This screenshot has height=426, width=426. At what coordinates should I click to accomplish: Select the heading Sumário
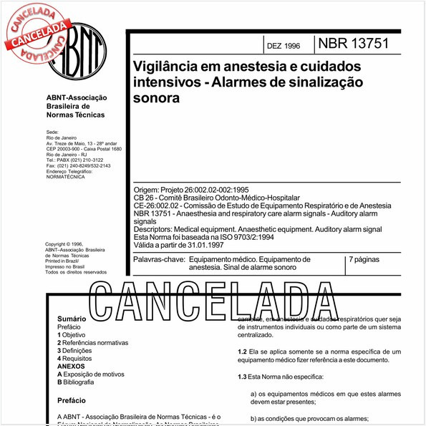[72, 317]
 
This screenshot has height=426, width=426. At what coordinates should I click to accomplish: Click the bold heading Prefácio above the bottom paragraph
[74, 401]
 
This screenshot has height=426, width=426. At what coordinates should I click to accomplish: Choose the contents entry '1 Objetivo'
[71, 334]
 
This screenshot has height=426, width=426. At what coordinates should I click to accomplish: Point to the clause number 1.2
[242, 353]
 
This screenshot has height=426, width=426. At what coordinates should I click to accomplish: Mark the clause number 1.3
[242, 377]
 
